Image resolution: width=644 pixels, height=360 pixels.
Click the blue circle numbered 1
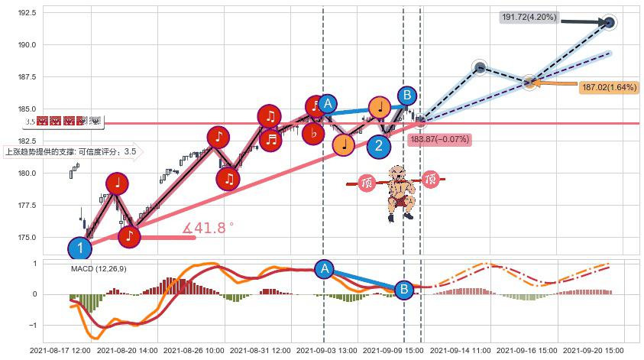(x=79, y=248)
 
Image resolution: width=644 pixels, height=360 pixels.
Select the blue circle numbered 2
(x=378, y=145)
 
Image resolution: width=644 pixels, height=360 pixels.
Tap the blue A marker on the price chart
(x=327, y=104)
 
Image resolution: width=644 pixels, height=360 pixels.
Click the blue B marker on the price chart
(x=407, y=96)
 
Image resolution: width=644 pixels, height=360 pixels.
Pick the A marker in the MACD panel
(x=324, y=268)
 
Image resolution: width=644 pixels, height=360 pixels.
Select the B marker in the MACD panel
(x=403, y=289)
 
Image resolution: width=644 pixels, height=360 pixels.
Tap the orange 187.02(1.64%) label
(x=609, y=87)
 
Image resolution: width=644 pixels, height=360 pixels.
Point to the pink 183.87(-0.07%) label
(x=439, y=139)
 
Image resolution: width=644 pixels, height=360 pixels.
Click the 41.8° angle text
(x=208, y=227)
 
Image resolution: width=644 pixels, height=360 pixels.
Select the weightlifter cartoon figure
(x=398, y=192)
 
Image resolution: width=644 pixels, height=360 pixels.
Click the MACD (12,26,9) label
(x=99, y=268)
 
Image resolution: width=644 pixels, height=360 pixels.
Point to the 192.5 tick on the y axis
(x=27, y=13)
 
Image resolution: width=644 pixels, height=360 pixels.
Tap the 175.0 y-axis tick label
(x=27, y=237)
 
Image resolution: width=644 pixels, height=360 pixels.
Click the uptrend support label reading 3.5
(x=71, y=151)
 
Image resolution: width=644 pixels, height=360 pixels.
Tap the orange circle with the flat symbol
(x=313, y=134)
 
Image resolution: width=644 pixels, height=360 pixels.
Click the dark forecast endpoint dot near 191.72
(x=609, y=23)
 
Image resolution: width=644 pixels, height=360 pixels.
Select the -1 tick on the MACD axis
(x=34, y=326)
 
